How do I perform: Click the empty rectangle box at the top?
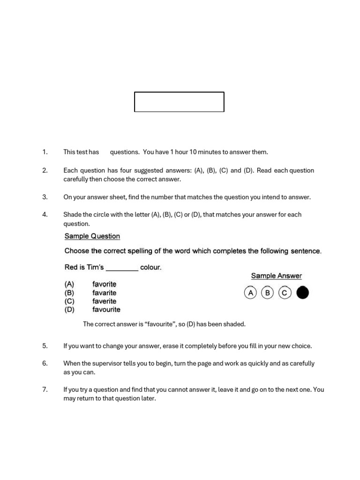[179, 102]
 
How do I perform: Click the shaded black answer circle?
[303, 293]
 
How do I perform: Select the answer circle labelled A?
[250, 293]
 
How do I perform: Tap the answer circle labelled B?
[267, 293]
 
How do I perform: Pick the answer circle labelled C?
[285, 293]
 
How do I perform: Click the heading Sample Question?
[92, 236]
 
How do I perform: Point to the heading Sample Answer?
[276, 276]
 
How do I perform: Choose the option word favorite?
[104, 284]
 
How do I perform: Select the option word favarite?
[104, 292]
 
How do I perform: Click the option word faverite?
[104, 301]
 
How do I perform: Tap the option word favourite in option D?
[106, 309]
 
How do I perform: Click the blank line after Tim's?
[122, 268]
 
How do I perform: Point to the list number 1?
[45, 152]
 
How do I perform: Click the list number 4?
[45, 215]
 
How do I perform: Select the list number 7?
[45, 389]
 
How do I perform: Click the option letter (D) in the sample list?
[69, 309]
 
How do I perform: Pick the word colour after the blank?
[150, 268]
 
